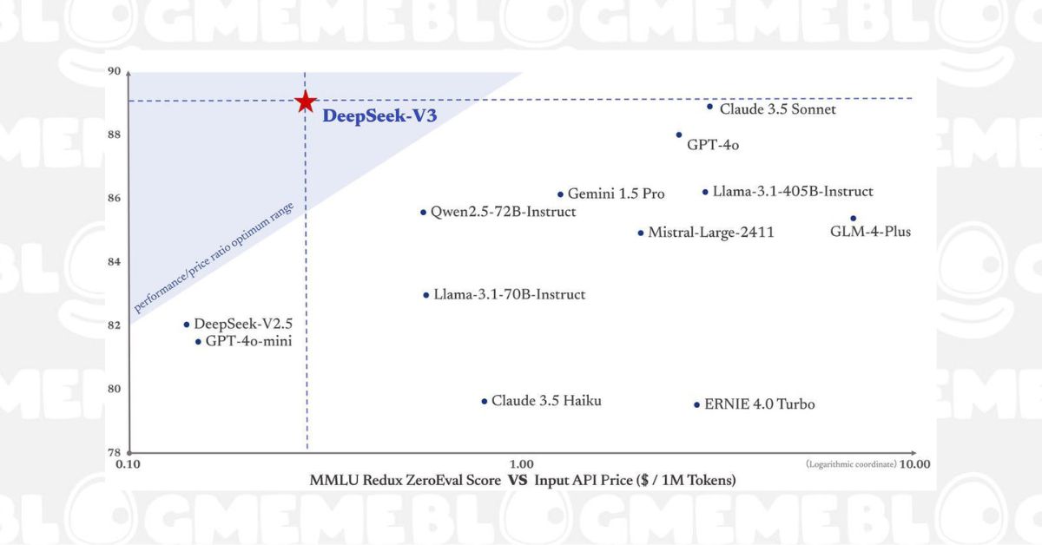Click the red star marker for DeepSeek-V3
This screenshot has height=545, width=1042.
point(305,102)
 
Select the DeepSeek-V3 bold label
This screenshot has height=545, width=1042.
point(379,116)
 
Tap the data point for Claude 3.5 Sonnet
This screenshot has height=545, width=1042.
point(709,107)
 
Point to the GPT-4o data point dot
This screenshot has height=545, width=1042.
point(679,135)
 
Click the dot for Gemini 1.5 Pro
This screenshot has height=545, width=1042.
point(560,194)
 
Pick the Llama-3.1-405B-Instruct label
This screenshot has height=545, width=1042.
point(793,192)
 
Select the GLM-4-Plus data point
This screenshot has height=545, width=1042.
point(853,219)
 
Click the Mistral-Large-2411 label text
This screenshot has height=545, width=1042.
point(711,233)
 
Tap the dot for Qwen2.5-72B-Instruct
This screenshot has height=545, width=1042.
point(423,212)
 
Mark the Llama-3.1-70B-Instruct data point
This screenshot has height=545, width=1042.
point(425,295)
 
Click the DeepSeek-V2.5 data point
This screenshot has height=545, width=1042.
point(187,325)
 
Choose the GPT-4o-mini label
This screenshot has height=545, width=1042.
point(248,342)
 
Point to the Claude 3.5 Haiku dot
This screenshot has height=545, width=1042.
point(484,401)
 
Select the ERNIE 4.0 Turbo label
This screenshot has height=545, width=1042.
point(760,404)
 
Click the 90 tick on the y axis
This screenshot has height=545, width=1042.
point(114,72)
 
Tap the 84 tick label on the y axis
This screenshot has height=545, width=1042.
point(114,262)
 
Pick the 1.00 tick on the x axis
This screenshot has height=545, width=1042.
point(521,464)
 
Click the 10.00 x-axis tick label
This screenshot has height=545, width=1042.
point(914,464)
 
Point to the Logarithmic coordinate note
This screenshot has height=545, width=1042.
point(850,464)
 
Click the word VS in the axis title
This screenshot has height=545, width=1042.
point(518,480)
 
